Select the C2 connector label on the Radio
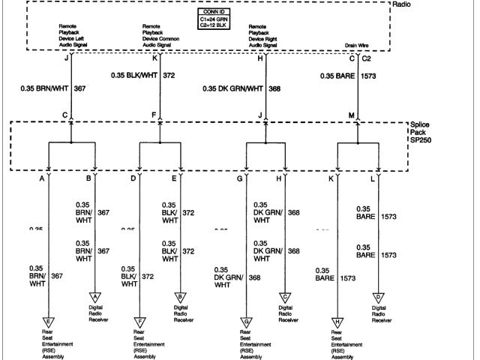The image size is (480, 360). click(366, 57)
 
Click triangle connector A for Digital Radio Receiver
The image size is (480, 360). click(96, 297)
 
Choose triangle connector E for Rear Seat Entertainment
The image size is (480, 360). click(48, 321)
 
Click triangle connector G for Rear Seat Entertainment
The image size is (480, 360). click(244, 321)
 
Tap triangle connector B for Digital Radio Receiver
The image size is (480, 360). click(180, 297)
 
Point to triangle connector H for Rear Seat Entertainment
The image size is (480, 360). click(337, 321)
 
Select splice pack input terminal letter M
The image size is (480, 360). click(351, 115)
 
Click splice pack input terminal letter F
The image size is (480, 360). click(153, 115)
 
